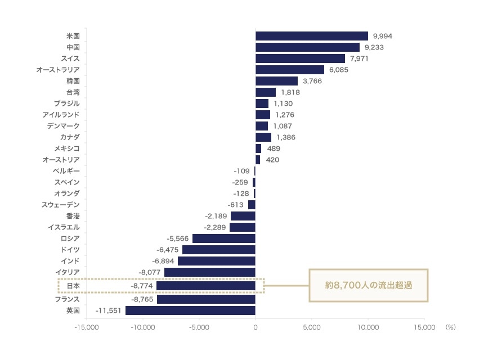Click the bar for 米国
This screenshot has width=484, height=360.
(x=311, y=36)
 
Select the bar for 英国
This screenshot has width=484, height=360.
(x=190, y=310)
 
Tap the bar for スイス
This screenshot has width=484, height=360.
(x=300, y=58)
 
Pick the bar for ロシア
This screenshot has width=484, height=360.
(x=224, y=238)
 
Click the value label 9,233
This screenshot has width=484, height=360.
(x=374, y=47)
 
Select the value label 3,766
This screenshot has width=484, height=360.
(x=312, y=81)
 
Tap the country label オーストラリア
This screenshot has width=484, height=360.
(x=58, y=70)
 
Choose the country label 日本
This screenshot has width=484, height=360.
(x=73, y=286)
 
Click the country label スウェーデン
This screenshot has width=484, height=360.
(x=61, y=205)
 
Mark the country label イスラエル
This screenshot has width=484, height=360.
(x=64, y=227)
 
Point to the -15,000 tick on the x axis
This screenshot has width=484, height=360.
(x=87, y=326)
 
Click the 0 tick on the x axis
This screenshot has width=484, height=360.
(x=256, y=326)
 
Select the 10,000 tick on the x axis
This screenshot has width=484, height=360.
(x=368, y=326)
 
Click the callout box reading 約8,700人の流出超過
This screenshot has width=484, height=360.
(x=369, y=286)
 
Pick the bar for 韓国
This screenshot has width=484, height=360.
(x=276, y=81)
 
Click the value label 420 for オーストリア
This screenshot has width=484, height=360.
(x=272, y=160)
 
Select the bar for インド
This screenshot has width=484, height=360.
(x=217, y=261)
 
